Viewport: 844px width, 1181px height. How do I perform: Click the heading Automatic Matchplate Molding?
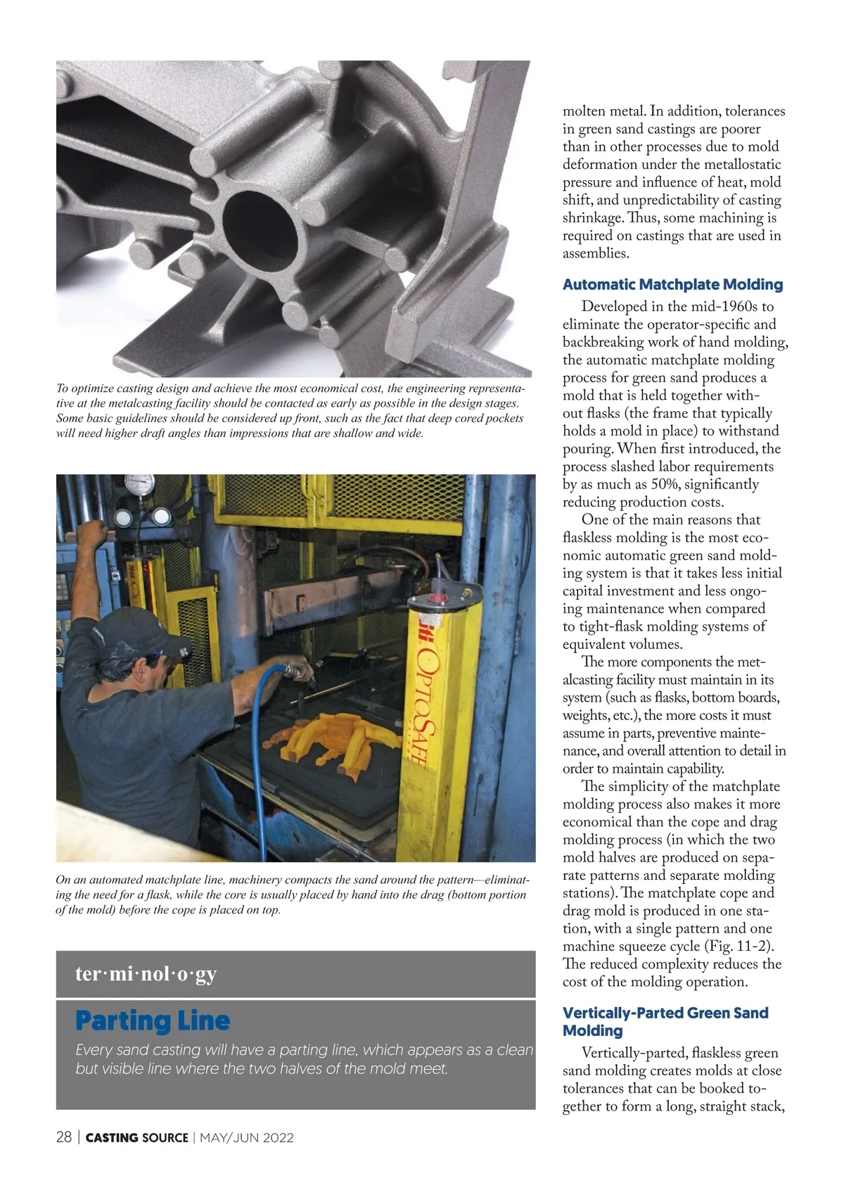[x=672, y=284]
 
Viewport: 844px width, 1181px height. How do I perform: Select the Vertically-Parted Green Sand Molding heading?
[x=665, y=1021]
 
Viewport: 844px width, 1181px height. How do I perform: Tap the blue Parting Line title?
[x=153, y=1021]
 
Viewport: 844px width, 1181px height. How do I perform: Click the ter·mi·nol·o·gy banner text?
[x=146, y=974]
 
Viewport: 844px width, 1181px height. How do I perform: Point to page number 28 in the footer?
[x=63, y=1137]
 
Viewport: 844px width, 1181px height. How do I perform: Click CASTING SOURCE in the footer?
[x=136, y=1138]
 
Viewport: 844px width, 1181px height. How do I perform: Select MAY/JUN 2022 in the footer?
[x=247, y=1138]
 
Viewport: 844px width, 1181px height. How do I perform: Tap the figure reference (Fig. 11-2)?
[x=750, y=946]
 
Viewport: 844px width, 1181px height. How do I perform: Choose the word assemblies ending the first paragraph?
[x=594, y=253]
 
